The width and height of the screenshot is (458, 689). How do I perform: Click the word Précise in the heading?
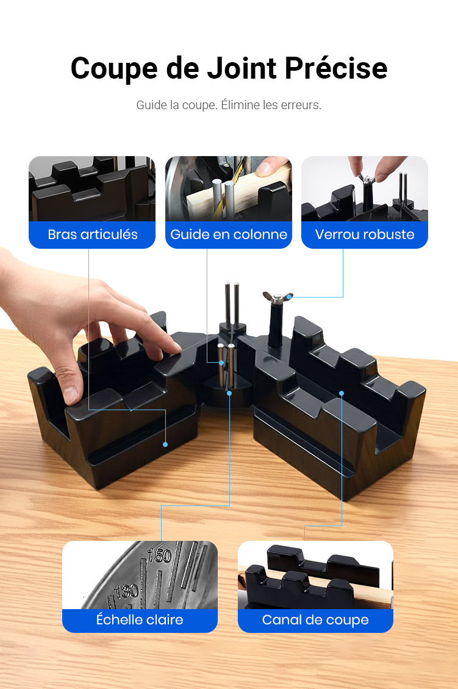click(x=336, y=68)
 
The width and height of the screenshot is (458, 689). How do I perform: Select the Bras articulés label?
click(x=92, y=234)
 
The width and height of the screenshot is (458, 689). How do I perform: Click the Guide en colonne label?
click(x=229, y=234)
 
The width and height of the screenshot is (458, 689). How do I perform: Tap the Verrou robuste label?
click(x=364, y=234)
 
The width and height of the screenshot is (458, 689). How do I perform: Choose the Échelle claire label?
click(x=140, y=619)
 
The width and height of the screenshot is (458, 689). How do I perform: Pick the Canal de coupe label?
click(x=315, y=619)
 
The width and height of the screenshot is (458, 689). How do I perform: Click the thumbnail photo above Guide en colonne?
click(x=229, y=189)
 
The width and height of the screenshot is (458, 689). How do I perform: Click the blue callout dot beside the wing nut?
click(x=289, y=297)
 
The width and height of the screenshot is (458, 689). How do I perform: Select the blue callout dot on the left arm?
click(x=165, y=444)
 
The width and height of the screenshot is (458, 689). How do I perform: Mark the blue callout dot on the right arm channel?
click(x=342, y=393)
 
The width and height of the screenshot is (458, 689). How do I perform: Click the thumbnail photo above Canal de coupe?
click(x=315, y=575)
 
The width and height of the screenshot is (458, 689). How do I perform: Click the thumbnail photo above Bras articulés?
click(x=92, y=189)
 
